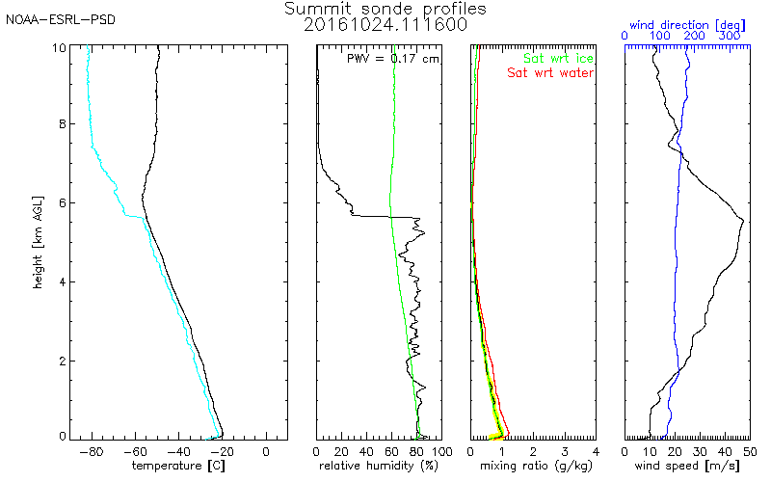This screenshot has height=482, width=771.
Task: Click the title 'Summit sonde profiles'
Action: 385,9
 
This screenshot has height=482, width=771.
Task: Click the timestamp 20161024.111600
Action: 385,25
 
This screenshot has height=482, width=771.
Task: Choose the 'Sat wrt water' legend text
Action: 551,72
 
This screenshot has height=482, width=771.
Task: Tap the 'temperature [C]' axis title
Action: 180,467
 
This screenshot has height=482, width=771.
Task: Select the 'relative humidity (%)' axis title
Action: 379,467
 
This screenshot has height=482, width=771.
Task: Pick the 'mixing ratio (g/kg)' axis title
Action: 533,467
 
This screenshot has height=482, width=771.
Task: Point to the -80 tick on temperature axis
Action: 93,451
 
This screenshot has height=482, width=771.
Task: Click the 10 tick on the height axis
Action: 60,46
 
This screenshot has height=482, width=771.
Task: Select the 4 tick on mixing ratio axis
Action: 596,451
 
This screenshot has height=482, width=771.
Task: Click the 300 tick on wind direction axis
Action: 730,36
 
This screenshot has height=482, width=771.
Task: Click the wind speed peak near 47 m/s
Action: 743,222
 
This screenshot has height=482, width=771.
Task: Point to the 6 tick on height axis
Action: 63,203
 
